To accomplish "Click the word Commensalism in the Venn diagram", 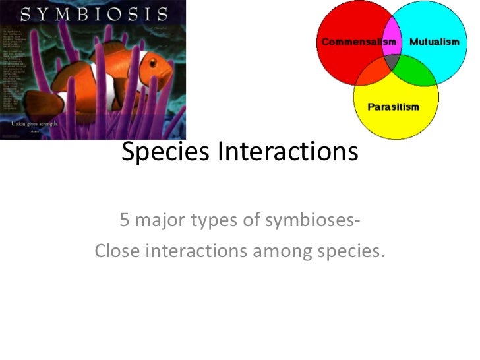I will (359, 42).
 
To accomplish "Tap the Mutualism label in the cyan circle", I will (434, 42).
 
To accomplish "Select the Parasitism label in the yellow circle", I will (393, 107).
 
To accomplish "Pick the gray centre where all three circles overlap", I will (394, 63).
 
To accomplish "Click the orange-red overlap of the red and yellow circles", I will (373, 71).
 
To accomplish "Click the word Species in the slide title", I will (165, 152).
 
